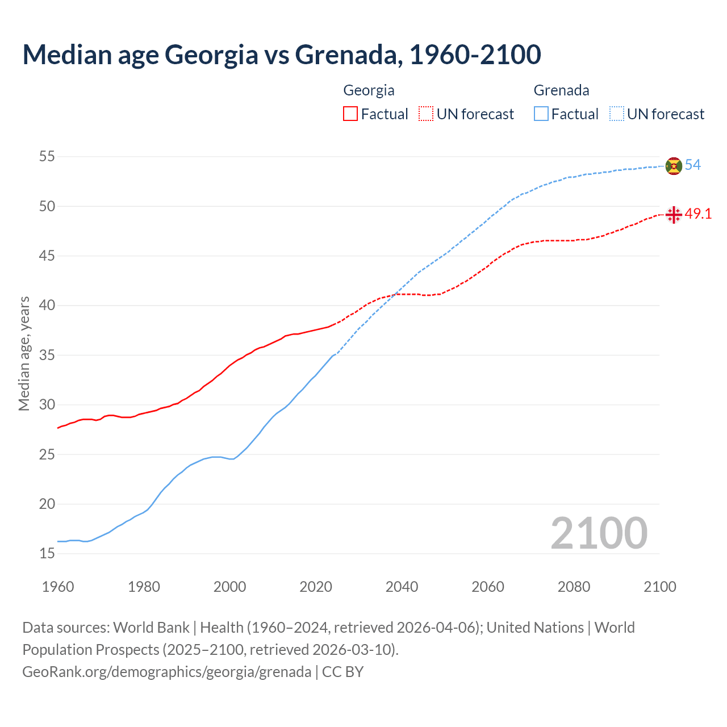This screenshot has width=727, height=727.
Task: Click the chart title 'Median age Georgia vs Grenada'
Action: pyautogui.click(x=282, y=55)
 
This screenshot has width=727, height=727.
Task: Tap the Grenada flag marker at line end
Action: pyautogui.click(x=674, y=166)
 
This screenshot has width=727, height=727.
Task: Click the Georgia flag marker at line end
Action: pyautogui.click(x=674, y=215)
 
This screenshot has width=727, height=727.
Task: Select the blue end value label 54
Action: pyautogui.click(x=692, y=165)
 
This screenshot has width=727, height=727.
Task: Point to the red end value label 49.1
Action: pyautogui.click(x=698, y=214)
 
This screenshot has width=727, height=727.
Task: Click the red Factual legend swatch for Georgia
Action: pyautogui.click(x=350, y=114)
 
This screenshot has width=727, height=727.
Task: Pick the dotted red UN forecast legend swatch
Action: pyautogui.click(x=426, y=114)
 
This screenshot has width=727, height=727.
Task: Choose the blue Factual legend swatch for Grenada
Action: pyautogui.click(x=541, y=114)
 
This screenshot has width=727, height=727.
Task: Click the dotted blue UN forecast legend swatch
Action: pyautogui.click(x=617, y=114)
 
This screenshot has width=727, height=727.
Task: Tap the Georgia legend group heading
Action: pyautogui.click(x=369, y=90)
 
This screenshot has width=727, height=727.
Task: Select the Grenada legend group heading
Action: pyautogui.click(x=561, y=90)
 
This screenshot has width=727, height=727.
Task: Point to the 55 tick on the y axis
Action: pyautogui.click(x=47, y=157)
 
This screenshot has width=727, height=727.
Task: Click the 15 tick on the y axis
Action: pyautogui.click(x=47, y=554)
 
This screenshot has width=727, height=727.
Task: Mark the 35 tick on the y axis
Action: pyautogui.click(x=47, y=356)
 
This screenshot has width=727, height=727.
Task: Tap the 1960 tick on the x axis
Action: pyautogui.click(x=58, y=587)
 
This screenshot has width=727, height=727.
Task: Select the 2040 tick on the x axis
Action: pyautogui.click(x=402, y=587)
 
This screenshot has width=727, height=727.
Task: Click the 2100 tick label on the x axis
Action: pyautogui.click(x=659, y=587)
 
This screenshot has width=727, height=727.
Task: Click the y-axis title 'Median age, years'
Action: pyautogui.click(x=24, y=353)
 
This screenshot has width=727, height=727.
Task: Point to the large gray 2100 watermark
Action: pyautogui.click(x=599, y=533)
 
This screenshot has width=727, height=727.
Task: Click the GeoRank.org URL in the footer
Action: pyautogui.click(x=166, y=672)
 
